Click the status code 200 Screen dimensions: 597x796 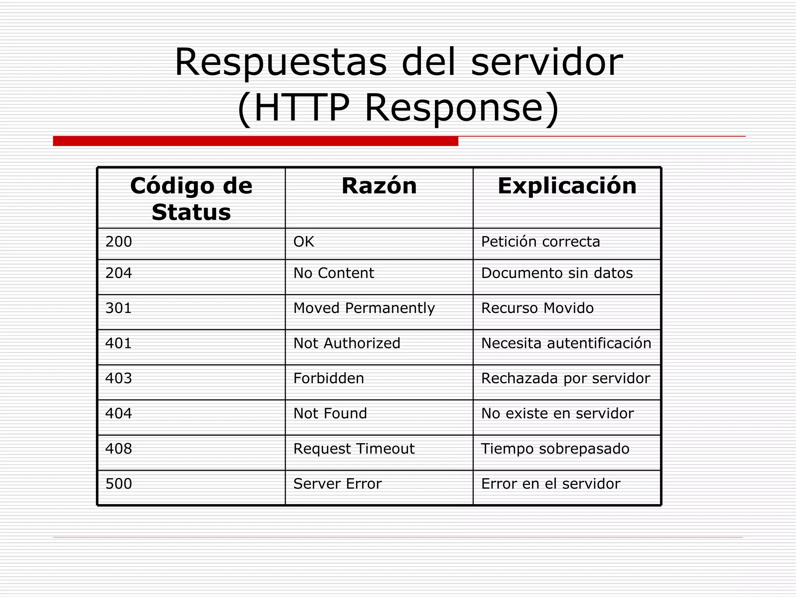click(x=119, y=242)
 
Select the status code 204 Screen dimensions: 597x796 click(x=119, y=273)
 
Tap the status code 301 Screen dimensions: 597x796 click(x=119, y=308)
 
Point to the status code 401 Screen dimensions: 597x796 click(x=119, y=343)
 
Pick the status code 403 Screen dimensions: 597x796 click(x=119, y=378)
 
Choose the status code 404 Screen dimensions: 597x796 click(x=119, y=414)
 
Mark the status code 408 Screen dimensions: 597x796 click(x=119, y=449)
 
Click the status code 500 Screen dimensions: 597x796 click(x=119, y=484)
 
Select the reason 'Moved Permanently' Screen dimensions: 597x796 click(x=364, y=308)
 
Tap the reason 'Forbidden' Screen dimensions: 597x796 click(x=328, y=378)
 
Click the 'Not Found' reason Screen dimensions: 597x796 click(x=330, y=414)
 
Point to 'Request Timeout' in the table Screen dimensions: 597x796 click(x=354, y=449)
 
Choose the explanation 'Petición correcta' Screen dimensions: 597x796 click(x=540, y=242)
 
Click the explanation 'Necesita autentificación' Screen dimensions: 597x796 click(x=566, y=343)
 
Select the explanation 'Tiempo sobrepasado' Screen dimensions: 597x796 click(x=555, y=449)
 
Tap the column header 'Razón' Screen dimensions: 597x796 click(x=379, y=186)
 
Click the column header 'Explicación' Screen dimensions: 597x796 click(x=567, y=186)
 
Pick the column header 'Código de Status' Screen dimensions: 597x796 click(x=191, y=199)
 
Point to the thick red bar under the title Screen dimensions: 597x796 click(x=255, y=141)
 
